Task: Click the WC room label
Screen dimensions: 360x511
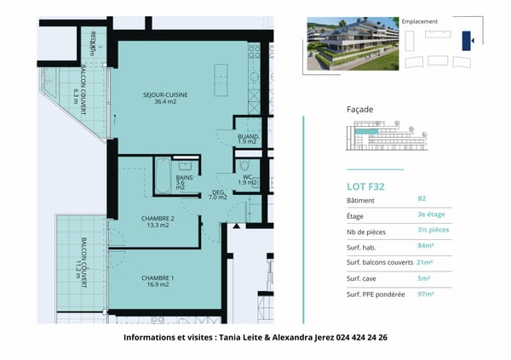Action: [247, 180]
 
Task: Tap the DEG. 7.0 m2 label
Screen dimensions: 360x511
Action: [219, 195]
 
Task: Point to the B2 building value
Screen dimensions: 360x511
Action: [422, 199]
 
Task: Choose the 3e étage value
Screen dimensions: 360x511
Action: [430, 215]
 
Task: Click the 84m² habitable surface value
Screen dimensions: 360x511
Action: [426, 246]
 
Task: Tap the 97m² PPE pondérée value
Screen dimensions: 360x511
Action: [426, 294]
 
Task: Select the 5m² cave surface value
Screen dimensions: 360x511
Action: [424, 277]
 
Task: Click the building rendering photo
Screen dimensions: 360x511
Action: [352, 44]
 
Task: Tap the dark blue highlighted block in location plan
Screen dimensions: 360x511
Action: [466, 40]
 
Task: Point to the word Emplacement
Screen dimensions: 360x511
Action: [419, 20]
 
